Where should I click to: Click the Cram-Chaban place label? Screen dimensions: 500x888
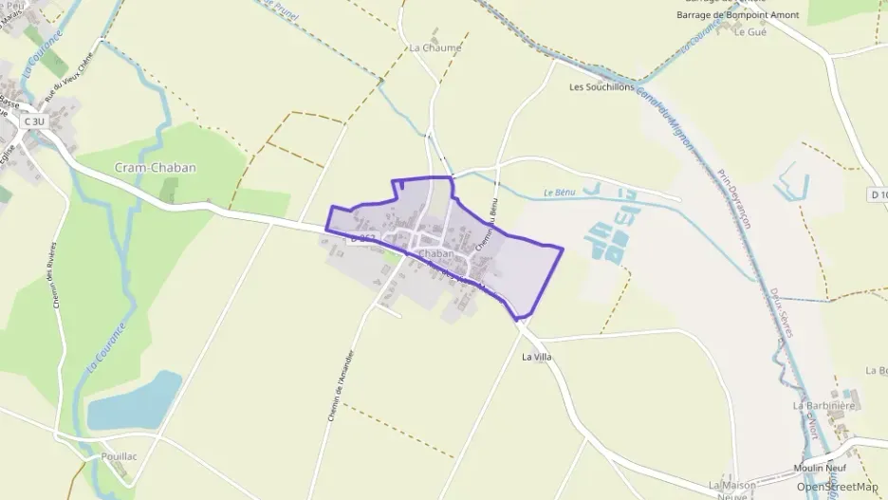[155, 168]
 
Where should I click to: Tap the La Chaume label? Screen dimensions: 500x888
[435, 47]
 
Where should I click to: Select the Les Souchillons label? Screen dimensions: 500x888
[601, 87]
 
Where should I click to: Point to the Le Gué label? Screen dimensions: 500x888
[749, 32]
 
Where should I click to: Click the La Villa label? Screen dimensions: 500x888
[537, 358]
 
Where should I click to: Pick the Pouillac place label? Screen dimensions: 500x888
[119, 456]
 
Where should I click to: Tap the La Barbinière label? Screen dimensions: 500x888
[824, 405]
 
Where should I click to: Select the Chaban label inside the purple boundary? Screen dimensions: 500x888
[435, 254]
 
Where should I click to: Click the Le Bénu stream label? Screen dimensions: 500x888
[561, 193]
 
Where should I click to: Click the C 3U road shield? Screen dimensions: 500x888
[34, 121]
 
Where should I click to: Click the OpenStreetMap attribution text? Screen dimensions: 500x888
[837, 487]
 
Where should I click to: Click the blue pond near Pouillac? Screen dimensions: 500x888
[135, 402]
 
